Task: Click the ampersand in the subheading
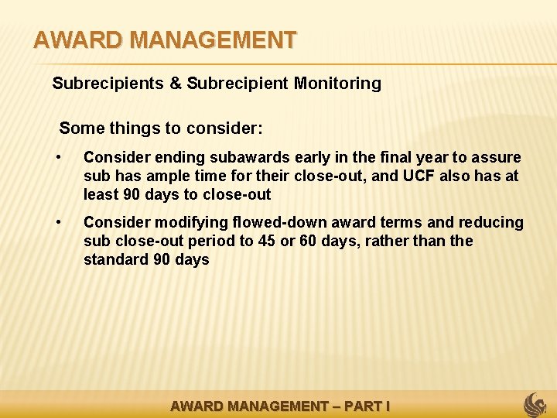click(x=176, y=84)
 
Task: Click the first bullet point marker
click(x=59, y=158)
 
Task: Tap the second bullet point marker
click(x=59, y=223)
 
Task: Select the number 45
click(x=267, y=242)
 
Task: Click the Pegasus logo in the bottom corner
click(x=535, y=405)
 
